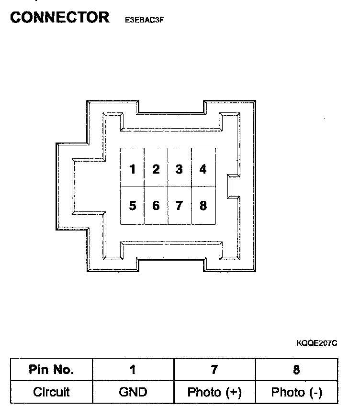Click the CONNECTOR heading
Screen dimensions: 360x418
[x=59, y=18]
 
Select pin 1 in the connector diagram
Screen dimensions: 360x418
[x=133, y=169]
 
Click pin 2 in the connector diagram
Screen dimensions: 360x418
[x=156, y=169]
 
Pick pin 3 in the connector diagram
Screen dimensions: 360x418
[x=179, y=169]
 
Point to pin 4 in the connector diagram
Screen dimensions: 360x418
[x=203, y=169]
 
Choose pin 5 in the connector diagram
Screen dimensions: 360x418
[x=133, y=206]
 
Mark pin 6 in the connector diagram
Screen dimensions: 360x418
[x=156, y=206]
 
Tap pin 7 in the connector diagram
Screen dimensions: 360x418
[x=179, y=206]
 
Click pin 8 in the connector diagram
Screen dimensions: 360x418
[x=203, y=206]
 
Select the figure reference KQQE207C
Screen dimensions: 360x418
[x=317, y=343]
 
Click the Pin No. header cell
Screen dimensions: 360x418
[x=51, y=369]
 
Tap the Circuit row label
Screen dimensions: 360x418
[x=51, y=392]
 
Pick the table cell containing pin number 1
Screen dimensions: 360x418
[x=133, y=369]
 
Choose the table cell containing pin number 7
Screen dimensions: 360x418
[x=214, y=369]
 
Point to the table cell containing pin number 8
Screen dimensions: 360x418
[x=296, y=369]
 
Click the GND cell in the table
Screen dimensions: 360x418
[x=133, y=392]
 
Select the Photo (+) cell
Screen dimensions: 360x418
[x=214, y=392]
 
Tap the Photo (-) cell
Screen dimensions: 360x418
[x=296, y=392]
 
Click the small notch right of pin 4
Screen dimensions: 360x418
[x=233, y=186]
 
